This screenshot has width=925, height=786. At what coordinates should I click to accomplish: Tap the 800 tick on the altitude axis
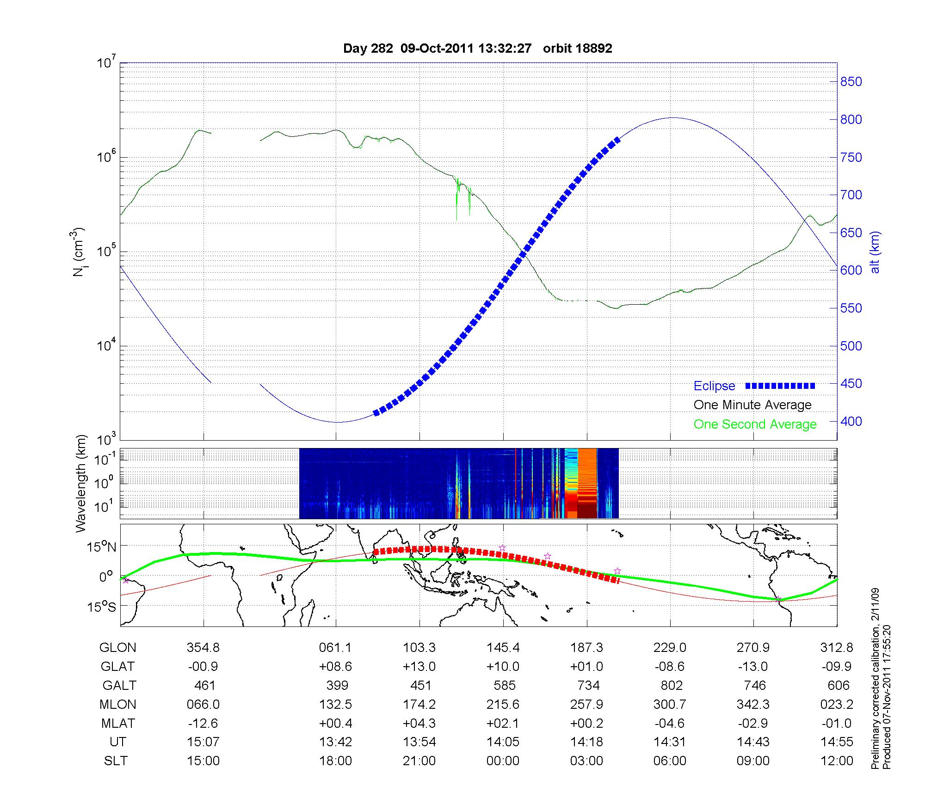pyautogui.click(x=851, y=120)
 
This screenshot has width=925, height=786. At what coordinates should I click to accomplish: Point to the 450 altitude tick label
pyautogui.click(x=851, y=384)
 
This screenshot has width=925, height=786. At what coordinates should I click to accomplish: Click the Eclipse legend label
pyautogui.click(x=714, y=386)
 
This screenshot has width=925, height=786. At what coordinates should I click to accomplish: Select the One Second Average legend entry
pyautogui.click(x=755, y=424)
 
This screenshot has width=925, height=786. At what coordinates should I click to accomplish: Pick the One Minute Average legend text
pyautogui.click(x=752, y=405)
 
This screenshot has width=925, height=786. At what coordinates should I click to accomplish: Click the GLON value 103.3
pyautogui.click(x=419, y=648)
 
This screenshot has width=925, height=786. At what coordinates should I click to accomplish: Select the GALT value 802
pyautogui.click(x=671, y=685)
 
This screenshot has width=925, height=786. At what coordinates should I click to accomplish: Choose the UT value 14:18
pyautogui.click(x=586, y=742)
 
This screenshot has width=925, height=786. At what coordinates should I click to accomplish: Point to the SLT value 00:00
pyautogui.click(x=503, y=761)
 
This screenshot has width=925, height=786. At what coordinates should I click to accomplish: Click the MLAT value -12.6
pyautogui.click(x=203, y=723)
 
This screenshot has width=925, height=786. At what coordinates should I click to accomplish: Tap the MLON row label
pyautogui.click(x=117, y=704)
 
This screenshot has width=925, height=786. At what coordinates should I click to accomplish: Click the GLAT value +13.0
pyautogui.click(x=419, y=667)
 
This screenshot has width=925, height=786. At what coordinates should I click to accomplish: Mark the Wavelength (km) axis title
pyautogui.click(x=81, y=483)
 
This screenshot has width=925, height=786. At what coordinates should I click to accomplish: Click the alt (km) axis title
pyautogui.click(x=875, y=252)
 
